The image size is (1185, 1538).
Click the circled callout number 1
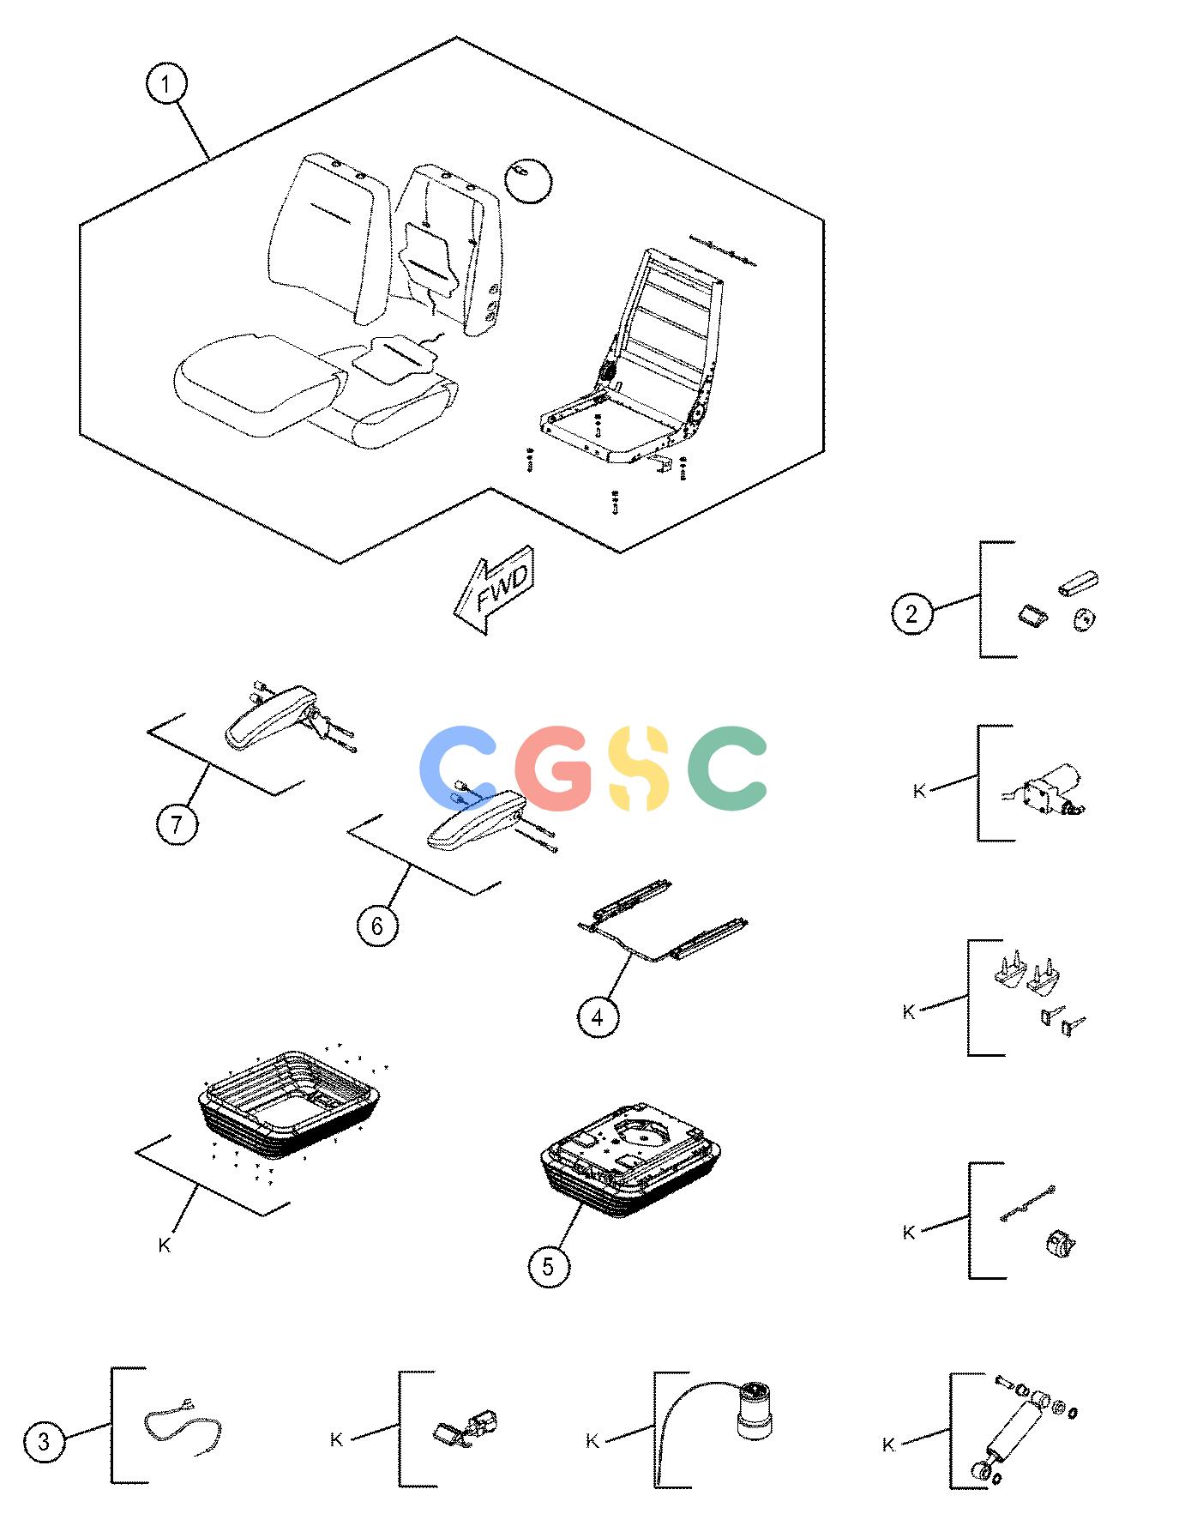coord(166,85)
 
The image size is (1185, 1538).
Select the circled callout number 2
coord(911,613)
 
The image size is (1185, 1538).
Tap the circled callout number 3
coord(43,1442)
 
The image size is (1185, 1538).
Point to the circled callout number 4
coord(598,1017)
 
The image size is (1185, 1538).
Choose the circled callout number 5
coord(549,1265)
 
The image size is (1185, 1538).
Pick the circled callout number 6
coord(377,926)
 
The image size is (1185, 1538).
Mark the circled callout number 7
coord(177,824)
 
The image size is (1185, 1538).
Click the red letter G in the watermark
coord(557,768)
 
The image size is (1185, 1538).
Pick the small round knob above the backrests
coord(529,180)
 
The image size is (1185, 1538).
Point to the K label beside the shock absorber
coord(888,1445)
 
